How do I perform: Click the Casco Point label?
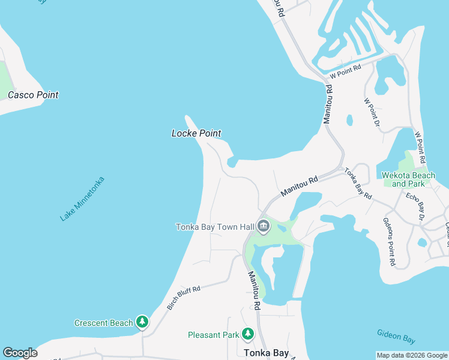tap(33, 95)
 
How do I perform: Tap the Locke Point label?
tap(196, 133)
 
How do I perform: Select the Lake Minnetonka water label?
tap(82, 199)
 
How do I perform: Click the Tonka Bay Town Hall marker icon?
tap(263, 227)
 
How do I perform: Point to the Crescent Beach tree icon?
tap(142, 323)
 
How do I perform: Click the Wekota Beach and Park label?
tap(408, 179)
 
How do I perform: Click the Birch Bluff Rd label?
tap(184, 297)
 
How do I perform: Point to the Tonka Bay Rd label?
tap(358, 184)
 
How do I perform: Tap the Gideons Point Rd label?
tap(389, 241)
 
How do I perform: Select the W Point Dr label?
tap(372, 112)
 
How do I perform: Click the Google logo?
tap(20, 353)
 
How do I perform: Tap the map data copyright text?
tap(412, 355)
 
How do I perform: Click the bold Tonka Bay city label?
tap(267, 353)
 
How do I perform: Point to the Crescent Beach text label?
tap(103, 323)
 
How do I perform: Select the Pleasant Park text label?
tap(214, 335)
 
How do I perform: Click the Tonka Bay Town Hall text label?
tap(214, 227)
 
